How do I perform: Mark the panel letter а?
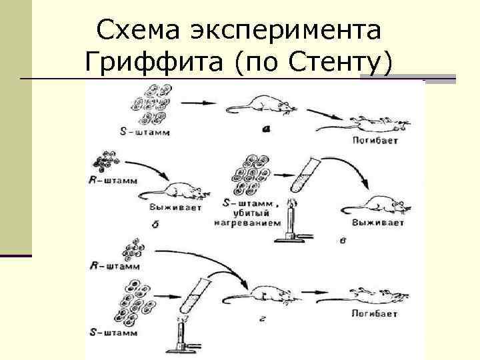pyautogui.click(x=265, y=129)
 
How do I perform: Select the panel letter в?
pyautogui.click(x=342, y=239)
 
